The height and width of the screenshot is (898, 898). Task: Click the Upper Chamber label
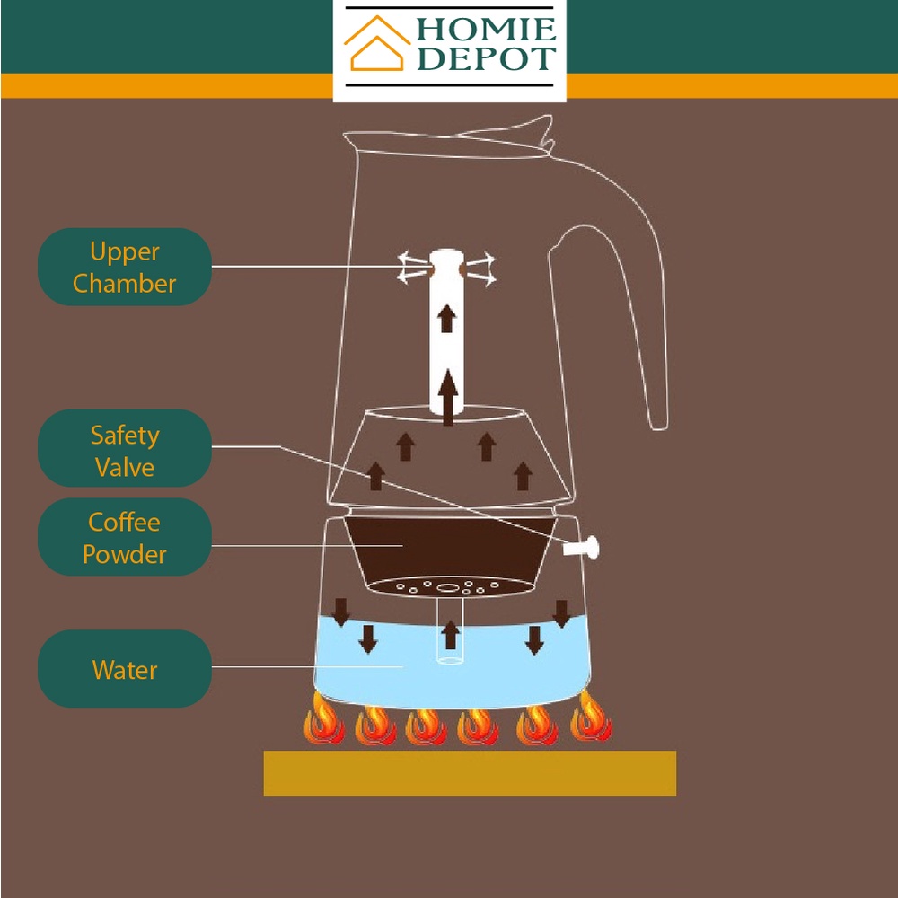124,268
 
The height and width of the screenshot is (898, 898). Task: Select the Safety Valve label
124,451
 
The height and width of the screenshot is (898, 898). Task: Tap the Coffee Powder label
124,538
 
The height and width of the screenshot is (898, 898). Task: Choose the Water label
124,670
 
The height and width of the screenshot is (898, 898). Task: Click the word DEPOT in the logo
486,60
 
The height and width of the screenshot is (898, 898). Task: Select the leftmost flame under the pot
321,719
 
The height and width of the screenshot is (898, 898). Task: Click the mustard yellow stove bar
469,773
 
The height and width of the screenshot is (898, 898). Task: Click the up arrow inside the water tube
451,635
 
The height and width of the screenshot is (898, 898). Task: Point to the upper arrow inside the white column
446,318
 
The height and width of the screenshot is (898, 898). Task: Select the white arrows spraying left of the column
413,269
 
